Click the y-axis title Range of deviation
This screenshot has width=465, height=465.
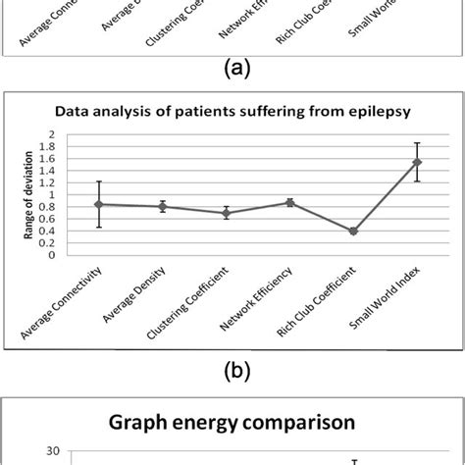point(26,194)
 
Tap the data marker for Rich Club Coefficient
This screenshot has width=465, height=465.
point(353,232)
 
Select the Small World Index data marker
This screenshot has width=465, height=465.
point(417,162)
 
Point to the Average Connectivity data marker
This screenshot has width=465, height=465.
point(99,204)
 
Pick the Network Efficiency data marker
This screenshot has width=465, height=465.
point(289,202)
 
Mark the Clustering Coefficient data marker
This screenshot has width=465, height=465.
point(227,213)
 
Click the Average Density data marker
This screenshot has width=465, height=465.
point(163,206)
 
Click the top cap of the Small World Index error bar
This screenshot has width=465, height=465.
point(417,143)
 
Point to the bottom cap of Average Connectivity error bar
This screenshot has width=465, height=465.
point(99,228)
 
